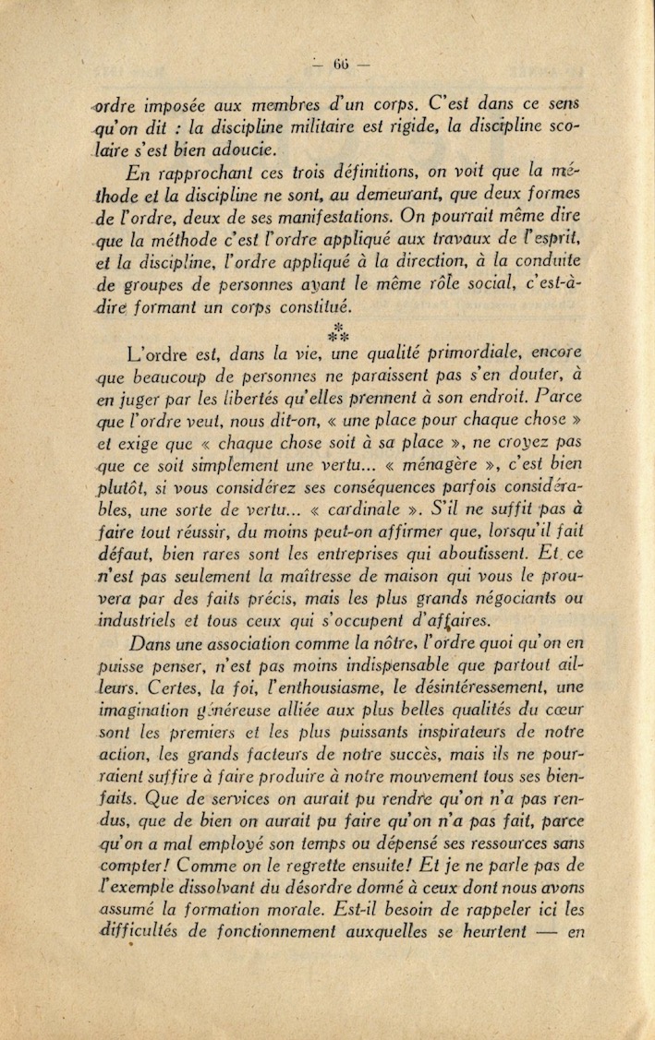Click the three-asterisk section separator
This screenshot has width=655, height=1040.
point(339,333)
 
